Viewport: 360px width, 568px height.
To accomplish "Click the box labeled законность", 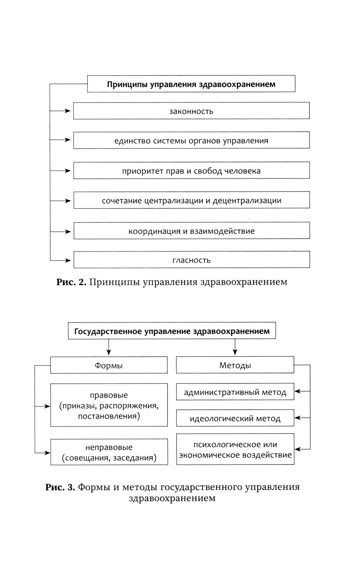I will pos(191,111).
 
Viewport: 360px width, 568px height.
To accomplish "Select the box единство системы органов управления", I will pos(191,140).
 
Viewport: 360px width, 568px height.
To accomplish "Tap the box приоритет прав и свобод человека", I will pos(191,171).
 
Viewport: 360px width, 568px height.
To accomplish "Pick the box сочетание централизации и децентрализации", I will pos(192,200).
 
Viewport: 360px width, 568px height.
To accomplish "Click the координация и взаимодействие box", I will pos(192,231).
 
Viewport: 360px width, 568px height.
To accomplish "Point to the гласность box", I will pos(192,260).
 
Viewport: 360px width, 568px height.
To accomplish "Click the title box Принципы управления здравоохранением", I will pos(191,84).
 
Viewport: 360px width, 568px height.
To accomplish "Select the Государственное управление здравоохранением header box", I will pos(172,331).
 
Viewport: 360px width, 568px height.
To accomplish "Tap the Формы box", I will pos(109,365).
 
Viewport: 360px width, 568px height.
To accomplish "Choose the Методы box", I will pos(235,365).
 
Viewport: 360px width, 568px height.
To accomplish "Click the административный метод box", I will pos(235,392).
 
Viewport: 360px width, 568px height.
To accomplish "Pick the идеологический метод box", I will pos(235,418).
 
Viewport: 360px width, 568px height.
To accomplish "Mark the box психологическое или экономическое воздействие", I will pos(235,449).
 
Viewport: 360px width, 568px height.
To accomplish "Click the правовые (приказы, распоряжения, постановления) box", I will pos(109,405).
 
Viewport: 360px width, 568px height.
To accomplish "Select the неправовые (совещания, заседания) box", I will pos(109,452).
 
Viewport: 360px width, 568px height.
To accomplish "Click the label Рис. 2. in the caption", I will pos(71,282).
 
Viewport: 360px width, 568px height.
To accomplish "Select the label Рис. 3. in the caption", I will pos(60,487).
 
